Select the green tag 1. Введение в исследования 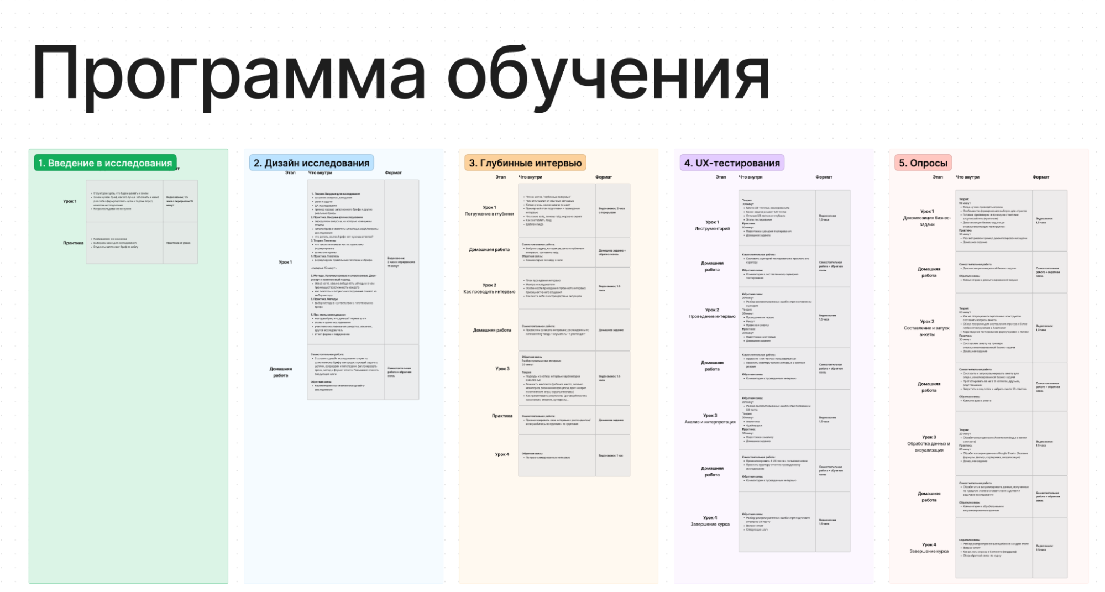[105, 163]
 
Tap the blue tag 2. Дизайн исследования [311, 163]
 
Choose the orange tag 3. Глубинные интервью [525, 163]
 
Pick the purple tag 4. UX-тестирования [732, 163]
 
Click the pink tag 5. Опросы [923, 163]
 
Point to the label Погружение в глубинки [489, 214]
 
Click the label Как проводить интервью [489, 292]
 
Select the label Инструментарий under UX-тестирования [712, 228]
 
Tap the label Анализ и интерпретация [710, 422]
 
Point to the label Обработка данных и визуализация [929, 447]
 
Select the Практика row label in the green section [73, 243]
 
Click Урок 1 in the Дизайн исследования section [285, 262]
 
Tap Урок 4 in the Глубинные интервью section [502, 454]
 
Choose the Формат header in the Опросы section [1040, 177]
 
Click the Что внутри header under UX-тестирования [750, 177]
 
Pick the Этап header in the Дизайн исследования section [290, 173]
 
